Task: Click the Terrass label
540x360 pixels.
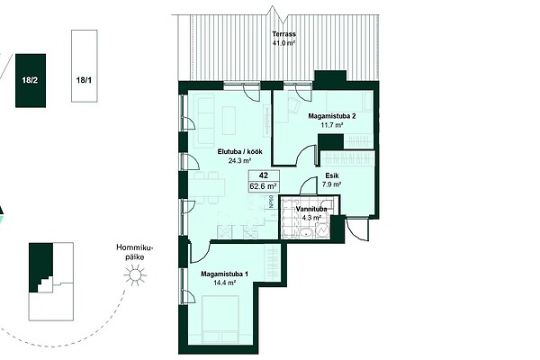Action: pos(283,34)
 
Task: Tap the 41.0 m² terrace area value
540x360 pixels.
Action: pos(283,43)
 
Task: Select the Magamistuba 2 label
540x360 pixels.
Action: pos(331,116)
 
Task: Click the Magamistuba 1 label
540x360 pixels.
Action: pos(224,274)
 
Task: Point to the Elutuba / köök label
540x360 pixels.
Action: pos(240,151)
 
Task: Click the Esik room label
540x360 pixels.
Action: pos(332,175)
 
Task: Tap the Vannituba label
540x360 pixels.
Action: pos(311,209)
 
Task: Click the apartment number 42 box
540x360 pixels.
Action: pos(264,175)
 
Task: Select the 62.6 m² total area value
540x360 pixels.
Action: pos(264,186)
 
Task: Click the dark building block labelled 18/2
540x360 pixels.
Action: pos(31,81)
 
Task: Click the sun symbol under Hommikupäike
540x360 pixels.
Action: pos(134,274)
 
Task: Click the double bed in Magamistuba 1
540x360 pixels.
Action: pos(220,319)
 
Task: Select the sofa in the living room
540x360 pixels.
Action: pos(205,121)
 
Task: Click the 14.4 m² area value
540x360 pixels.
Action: pos(224,283)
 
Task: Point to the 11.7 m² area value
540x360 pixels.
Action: pos(331,125)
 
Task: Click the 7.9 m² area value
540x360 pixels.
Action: pos(332,184)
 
